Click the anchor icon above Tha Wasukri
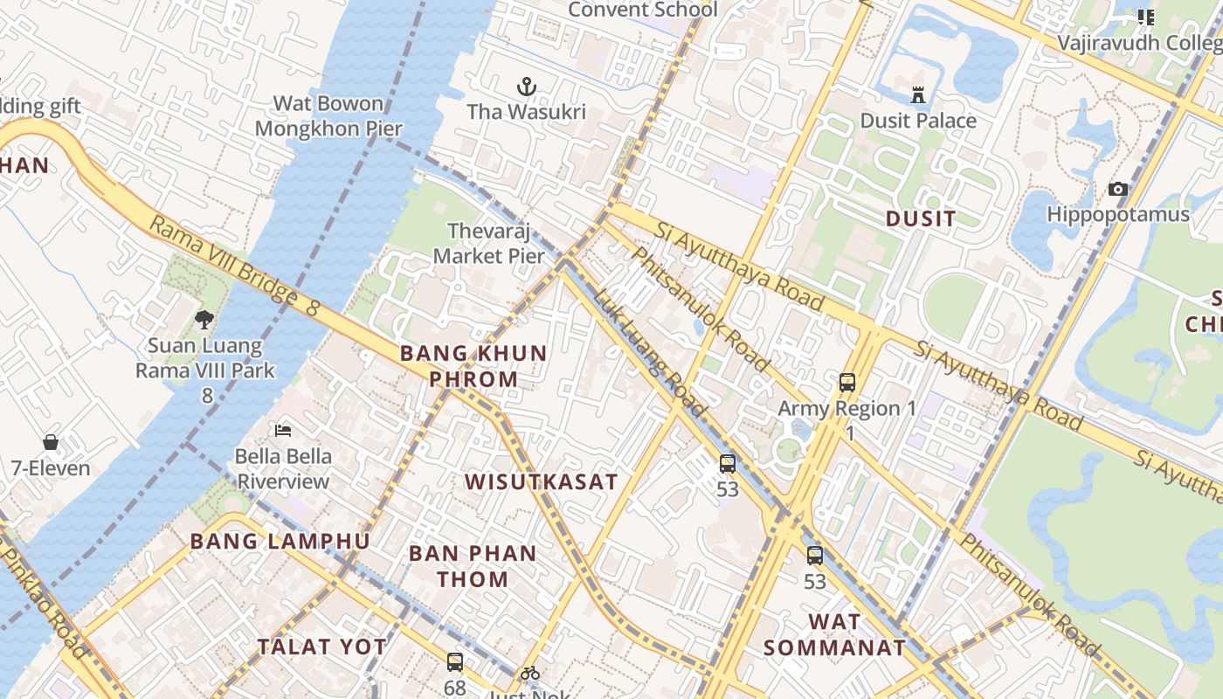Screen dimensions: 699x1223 pyautogui.click(x=526, y=86)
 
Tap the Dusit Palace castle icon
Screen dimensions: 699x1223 pyautogui.click(x=918, y=94)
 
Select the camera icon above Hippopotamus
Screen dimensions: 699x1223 pyautogui.click(x=1117, y=189)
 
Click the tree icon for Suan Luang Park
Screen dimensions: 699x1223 pyautogui.click(x=204, y=320)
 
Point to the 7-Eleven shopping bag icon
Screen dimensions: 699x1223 pyautogui.click(x=51, y=442)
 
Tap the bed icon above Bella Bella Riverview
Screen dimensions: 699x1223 pyautogui.click(x=283, y=430)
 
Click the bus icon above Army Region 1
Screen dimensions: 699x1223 pyautogui.click(x=846, y=382)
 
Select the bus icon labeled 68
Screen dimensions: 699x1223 pyautogui.click(x=454, y=661)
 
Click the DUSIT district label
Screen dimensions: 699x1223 pyautogui.click(x=921, y=218)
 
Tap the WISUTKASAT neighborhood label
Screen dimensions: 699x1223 pyautogui.click(x=541, y=481)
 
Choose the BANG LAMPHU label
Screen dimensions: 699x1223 pyautogui.click(x=280, y=541)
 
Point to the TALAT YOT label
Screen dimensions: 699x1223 pyautogui.click(x=321, y=647)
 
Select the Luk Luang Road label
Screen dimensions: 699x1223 pyautogui.click(x=650, y=352)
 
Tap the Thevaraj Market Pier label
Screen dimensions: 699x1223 pyautogui.click(x=489, y=244)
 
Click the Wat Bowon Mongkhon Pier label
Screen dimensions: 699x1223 pyautogui.click(x=328, y=116)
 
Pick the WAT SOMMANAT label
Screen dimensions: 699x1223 pyautogui.click(x=834, y=634)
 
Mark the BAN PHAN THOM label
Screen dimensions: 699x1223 pyautogui.click(x=473, y=565)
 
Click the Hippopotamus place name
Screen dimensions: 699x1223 pyautogui.click(x=1118, y=214)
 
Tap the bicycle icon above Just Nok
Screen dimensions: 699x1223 pyautogui.click(x=529, y=673)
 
